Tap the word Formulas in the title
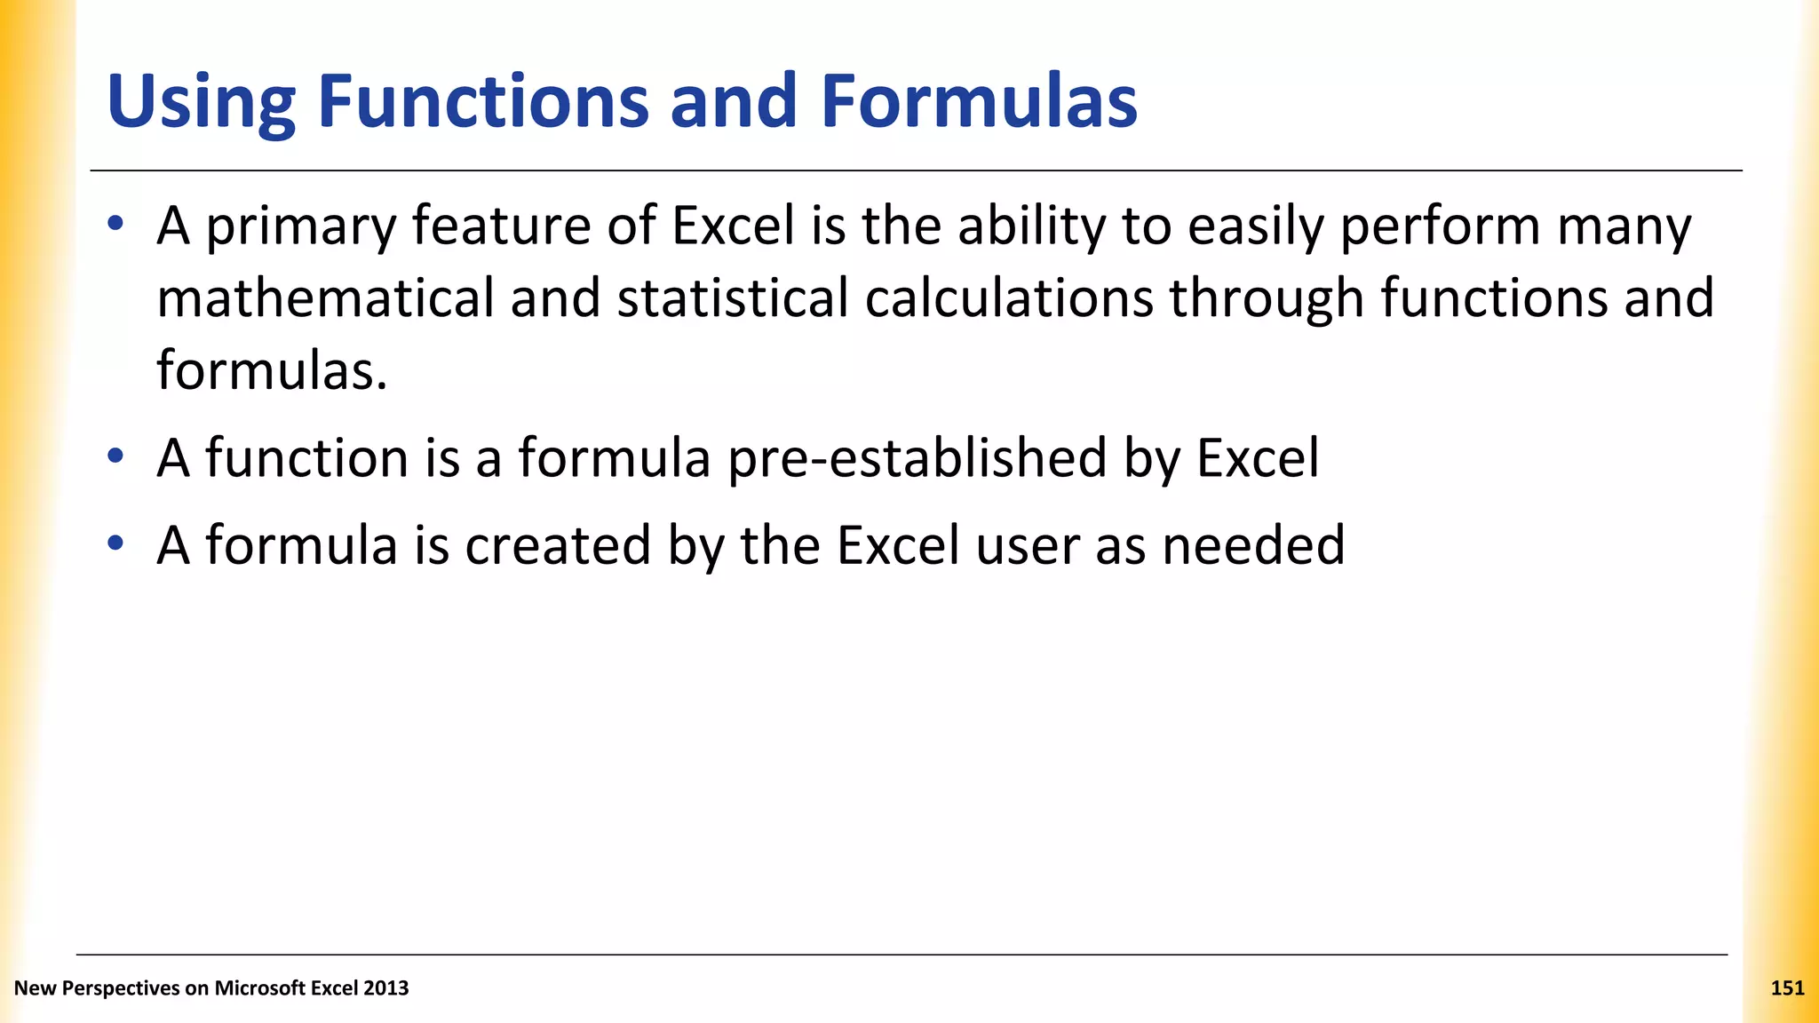point(978,101)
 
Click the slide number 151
point(1787,987)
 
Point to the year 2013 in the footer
point(386,987)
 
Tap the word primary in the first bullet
point(300,228)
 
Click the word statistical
point(733,297)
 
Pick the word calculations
point(1008,297)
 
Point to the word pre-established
point(917,459)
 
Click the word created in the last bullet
point(558,545)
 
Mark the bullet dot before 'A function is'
point(115,456)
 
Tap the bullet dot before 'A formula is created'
point(115,543)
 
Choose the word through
point(1266,299)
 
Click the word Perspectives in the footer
point(117,988)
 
